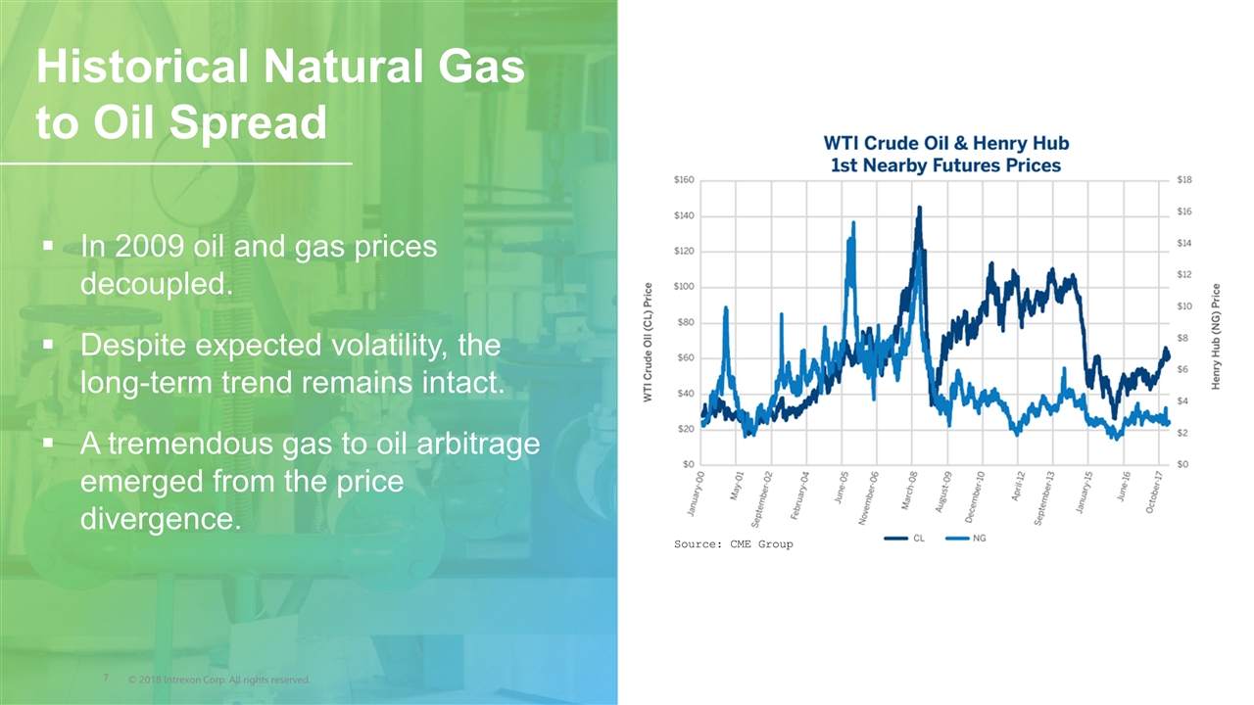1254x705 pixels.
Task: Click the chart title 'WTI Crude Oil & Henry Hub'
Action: pos(946,143)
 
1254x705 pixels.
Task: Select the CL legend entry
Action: pos(904,539)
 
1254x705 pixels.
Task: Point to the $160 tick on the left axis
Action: pos(684,179)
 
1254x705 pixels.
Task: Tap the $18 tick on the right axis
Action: pos(1184,179)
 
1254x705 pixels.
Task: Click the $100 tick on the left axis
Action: pos(684,287)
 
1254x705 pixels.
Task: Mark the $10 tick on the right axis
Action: pos(1184,306)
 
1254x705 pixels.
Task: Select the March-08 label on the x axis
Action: pos(909,491)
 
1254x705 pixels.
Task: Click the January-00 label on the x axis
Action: pos(696,493)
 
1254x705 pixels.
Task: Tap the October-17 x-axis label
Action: pos(1154,493)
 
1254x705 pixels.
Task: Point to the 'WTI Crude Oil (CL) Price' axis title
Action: pos(648,342)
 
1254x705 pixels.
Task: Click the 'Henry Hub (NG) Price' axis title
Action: pos(1216,336)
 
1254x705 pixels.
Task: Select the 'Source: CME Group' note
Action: pos(734,543)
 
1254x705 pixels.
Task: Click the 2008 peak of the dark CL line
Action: pos(919,208)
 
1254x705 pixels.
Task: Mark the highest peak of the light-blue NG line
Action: pos(853,222)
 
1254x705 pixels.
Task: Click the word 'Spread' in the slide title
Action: pos(248,122)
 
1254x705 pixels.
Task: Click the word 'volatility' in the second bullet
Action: pos(390,346)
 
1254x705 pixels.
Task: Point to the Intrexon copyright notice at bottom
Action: pos(218,680)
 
